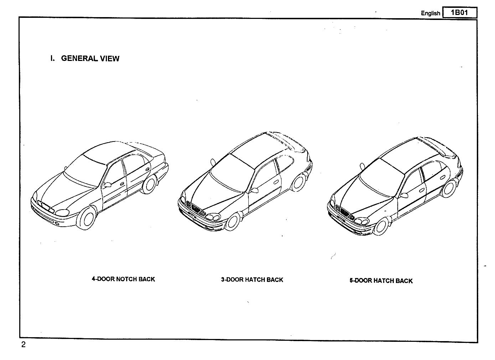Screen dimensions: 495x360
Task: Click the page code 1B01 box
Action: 459,13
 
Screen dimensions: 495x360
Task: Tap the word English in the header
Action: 430,13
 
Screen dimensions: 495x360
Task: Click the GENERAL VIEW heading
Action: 90,58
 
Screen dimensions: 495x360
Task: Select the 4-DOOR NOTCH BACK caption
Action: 123,279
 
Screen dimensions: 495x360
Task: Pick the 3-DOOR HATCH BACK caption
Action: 252,280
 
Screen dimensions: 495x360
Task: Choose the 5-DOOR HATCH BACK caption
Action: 381,281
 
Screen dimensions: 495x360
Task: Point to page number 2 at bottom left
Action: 24,345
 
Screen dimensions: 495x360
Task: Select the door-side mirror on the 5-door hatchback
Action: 404,195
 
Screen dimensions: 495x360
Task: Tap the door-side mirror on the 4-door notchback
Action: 107,185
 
